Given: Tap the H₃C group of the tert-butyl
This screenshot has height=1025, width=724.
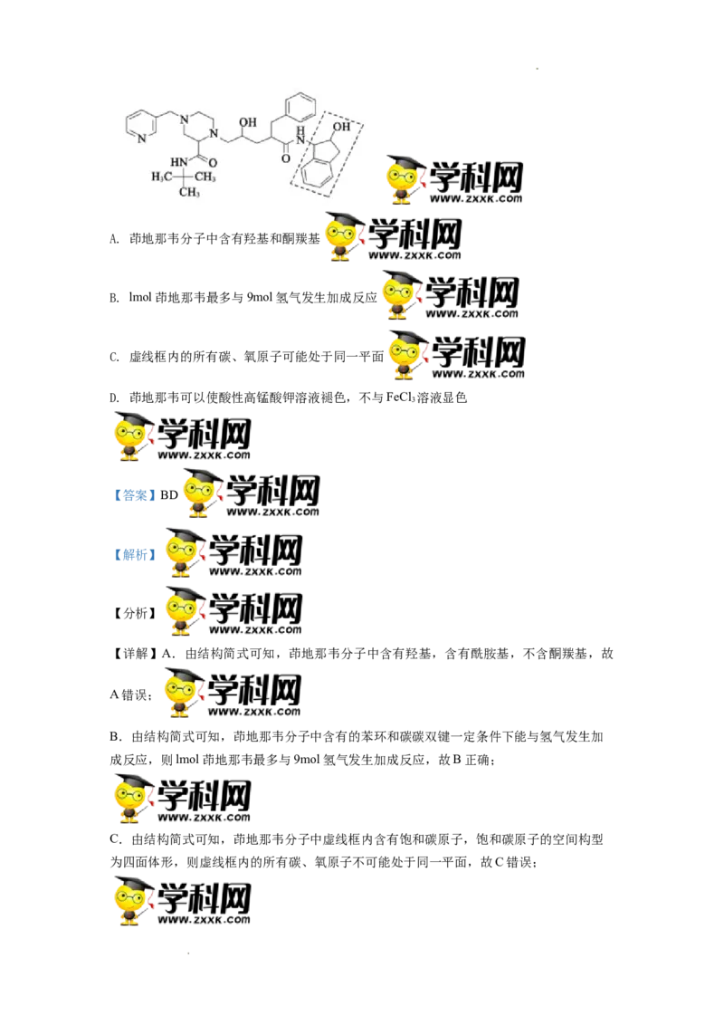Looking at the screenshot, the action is click(161, 177).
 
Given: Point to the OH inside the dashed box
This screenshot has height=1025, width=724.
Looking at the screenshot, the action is click(341, 127).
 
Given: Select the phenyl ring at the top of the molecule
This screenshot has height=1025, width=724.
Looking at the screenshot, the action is click(300, 106).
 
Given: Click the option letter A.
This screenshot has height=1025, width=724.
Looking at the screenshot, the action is click(114, 239).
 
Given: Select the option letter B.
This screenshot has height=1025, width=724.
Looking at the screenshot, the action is click(114, 298).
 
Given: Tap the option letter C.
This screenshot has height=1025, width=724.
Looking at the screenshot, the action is click(114, 358).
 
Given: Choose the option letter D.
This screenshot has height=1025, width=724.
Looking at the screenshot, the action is click(114, 398).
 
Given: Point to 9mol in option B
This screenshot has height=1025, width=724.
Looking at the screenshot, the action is click(259, 297).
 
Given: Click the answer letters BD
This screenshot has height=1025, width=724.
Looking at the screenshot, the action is click(169, 495).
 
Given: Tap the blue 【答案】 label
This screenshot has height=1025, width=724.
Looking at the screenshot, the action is click(134, 495).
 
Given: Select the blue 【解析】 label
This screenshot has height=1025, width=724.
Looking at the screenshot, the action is click(134, 554).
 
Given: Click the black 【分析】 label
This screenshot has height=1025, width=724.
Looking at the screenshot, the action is click(134, 613).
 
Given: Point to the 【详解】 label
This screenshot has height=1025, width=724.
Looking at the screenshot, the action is click(134, 654).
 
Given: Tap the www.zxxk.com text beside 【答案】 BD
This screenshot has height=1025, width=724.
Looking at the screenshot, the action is click(272, 512).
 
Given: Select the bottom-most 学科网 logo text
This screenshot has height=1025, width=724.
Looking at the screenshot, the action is click(204, 896).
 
